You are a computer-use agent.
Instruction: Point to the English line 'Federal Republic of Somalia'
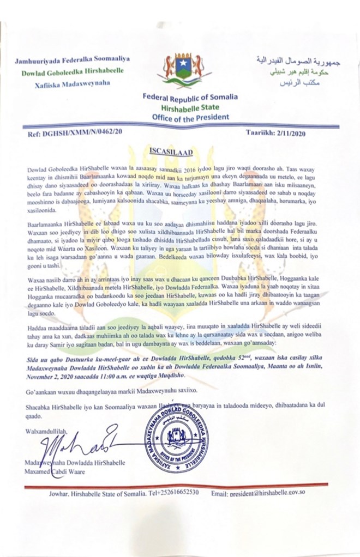click(190, 98)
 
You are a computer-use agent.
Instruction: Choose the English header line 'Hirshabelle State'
click(190, 108)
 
